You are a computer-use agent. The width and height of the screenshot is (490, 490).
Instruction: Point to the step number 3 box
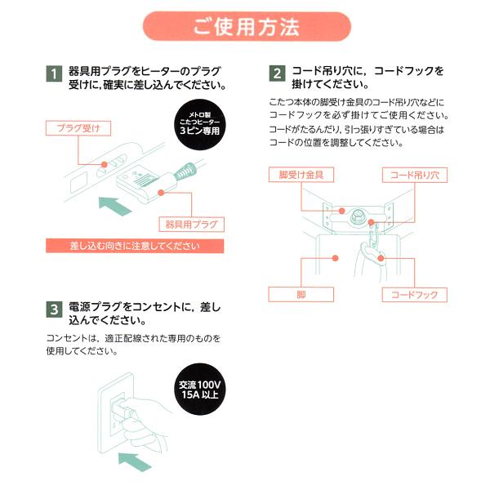tap(53, 310)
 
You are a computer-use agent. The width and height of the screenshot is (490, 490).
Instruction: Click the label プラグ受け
tap(78, 128)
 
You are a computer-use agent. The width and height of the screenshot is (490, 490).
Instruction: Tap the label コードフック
tap(413, 294)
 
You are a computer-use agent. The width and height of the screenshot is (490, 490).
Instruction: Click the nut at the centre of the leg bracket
tap(358, 218)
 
